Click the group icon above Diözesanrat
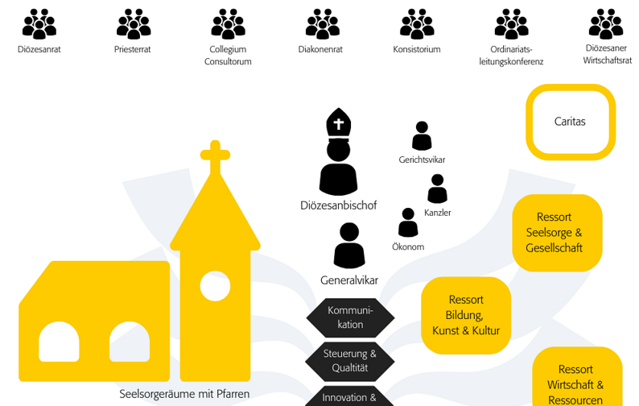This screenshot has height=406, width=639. click(39, 23)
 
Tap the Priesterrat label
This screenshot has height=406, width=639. click(133, 50)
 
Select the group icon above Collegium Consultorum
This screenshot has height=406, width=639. click(228, 23)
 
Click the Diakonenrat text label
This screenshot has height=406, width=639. click(320, 50)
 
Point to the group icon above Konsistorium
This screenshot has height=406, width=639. click(417, 23)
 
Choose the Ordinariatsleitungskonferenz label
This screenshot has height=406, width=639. click(511, 56)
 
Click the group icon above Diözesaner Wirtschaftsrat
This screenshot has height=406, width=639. click(606, 23)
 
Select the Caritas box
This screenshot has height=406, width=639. click(570, 122)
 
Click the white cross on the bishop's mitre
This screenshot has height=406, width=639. click(339, 125)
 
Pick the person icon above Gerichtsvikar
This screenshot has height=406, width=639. click(422, 136)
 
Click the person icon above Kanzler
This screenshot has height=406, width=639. click(437, 189)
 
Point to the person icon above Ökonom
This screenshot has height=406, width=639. click(408, 223)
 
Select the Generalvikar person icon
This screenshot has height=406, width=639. click(349, 246)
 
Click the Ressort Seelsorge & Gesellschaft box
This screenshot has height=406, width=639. click(556, 232)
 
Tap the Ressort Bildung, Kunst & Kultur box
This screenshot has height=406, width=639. click(466, 315)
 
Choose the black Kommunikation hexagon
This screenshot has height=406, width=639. click(350, 317)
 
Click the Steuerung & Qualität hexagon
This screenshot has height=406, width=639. click(350, 361)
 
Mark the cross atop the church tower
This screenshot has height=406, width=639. click(215, 156)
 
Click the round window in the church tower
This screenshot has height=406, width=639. click(215, 286)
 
